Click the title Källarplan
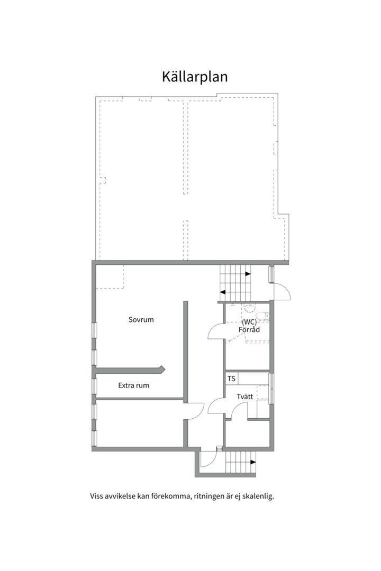pyautogui.click(x=195, y=77)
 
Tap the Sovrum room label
pyautogui.click(x=141, y=320)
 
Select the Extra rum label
pyautogui.click(x=133, y=385)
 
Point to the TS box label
pyautogui.click(x=231, y=379)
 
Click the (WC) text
pyautogui.click(x=249, y=321)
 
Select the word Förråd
pyautogui.click(x=249, y=329)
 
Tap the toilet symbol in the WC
pyautogui.click(x=266, y=317)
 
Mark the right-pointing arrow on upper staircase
pyautogui.click(x=248, y=274)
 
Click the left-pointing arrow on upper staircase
pyautogui.click(x=224, y=291)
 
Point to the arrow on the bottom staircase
pyautogui.click(x=252, y=462)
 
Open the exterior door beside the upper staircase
pyautogui.click(x=282, y=292)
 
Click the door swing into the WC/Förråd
pyautogui.click(x=216, y=332)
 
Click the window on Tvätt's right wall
pyautogui.click(x=271, y=388)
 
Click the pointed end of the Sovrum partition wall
pyautogui.click(x=162, y=369)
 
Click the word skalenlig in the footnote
pyautogui.click(x=258, y=497)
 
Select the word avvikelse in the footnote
pyautogui.click(x=122, y=497)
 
